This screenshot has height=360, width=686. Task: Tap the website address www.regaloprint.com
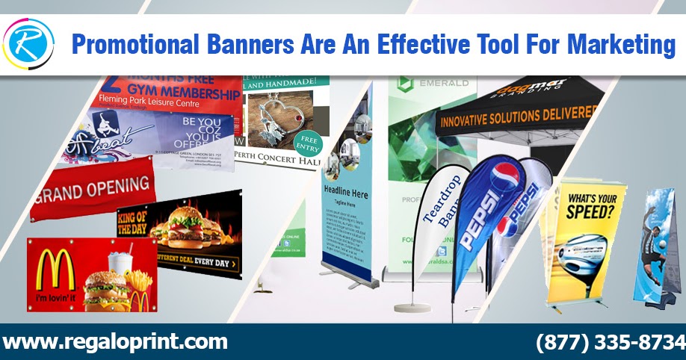click(115, 342)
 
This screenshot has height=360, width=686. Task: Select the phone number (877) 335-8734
click(610, 342)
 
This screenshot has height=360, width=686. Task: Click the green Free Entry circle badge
click(307, 144)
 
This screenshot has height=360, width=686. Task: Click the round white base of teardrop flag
click(414, 306)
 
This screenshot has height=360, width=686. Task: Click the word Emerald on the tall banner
click(442, 83)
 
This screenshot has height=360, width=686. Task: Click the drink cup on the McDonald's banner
click(119, 264)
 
